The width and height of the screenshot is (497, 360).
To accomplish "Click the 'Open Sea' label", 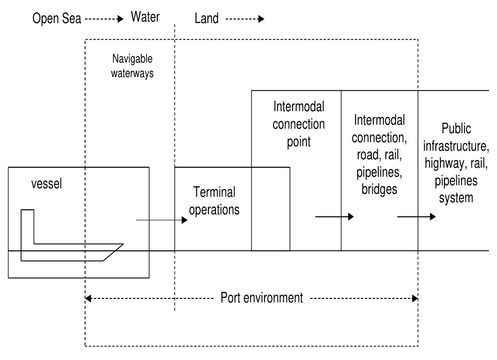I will [57, 19].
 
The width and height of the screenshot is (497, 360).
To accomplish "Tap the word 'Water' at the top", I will [145, 18].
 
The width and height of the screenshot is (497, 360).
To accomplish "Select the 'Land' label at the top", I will [206, 19].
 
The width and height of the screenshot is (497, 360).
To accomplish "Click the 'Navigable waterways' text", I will [132, 66].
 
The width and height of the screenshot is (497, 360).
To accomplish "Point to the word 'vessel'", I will [47, 183].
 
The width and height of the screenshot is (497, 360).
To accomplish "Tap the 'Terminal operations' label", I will [214, 200].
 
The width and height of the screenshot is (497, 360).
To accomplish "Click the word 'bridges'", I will [379, 189].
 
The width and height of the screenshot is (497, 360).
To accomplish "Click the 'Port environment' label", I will [262, 298].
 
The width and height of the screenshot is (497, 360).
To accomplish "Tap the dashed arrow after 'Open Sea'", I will [103, 19].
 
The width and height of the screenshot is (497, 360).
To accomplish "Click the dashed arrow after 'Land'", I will [244, 19].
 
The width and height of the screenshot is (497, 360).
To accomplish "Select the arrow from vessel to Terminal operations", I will [161, 220].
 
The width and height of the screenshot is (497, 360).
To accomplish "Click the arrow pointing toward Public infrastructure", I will [416, 217].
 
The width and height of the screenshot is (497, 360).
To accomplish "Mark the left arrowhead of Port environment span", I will [88, 298].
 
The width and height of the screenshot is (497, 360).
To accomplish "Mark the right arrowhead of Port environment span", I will [415, 298].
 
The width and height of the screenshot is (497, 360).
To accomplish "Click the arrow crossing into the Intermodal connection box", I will [334, 217].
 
